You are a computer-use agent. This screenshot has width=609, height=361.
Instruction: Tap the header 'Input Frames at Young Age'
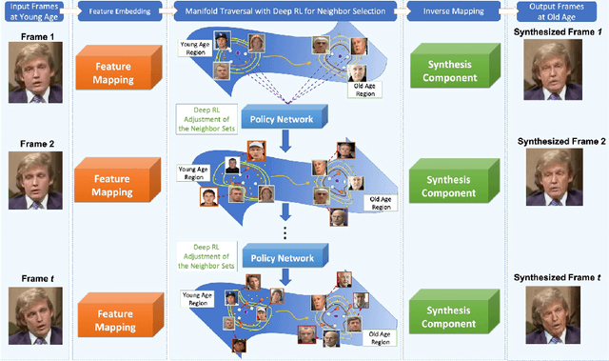pos(35,9)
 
